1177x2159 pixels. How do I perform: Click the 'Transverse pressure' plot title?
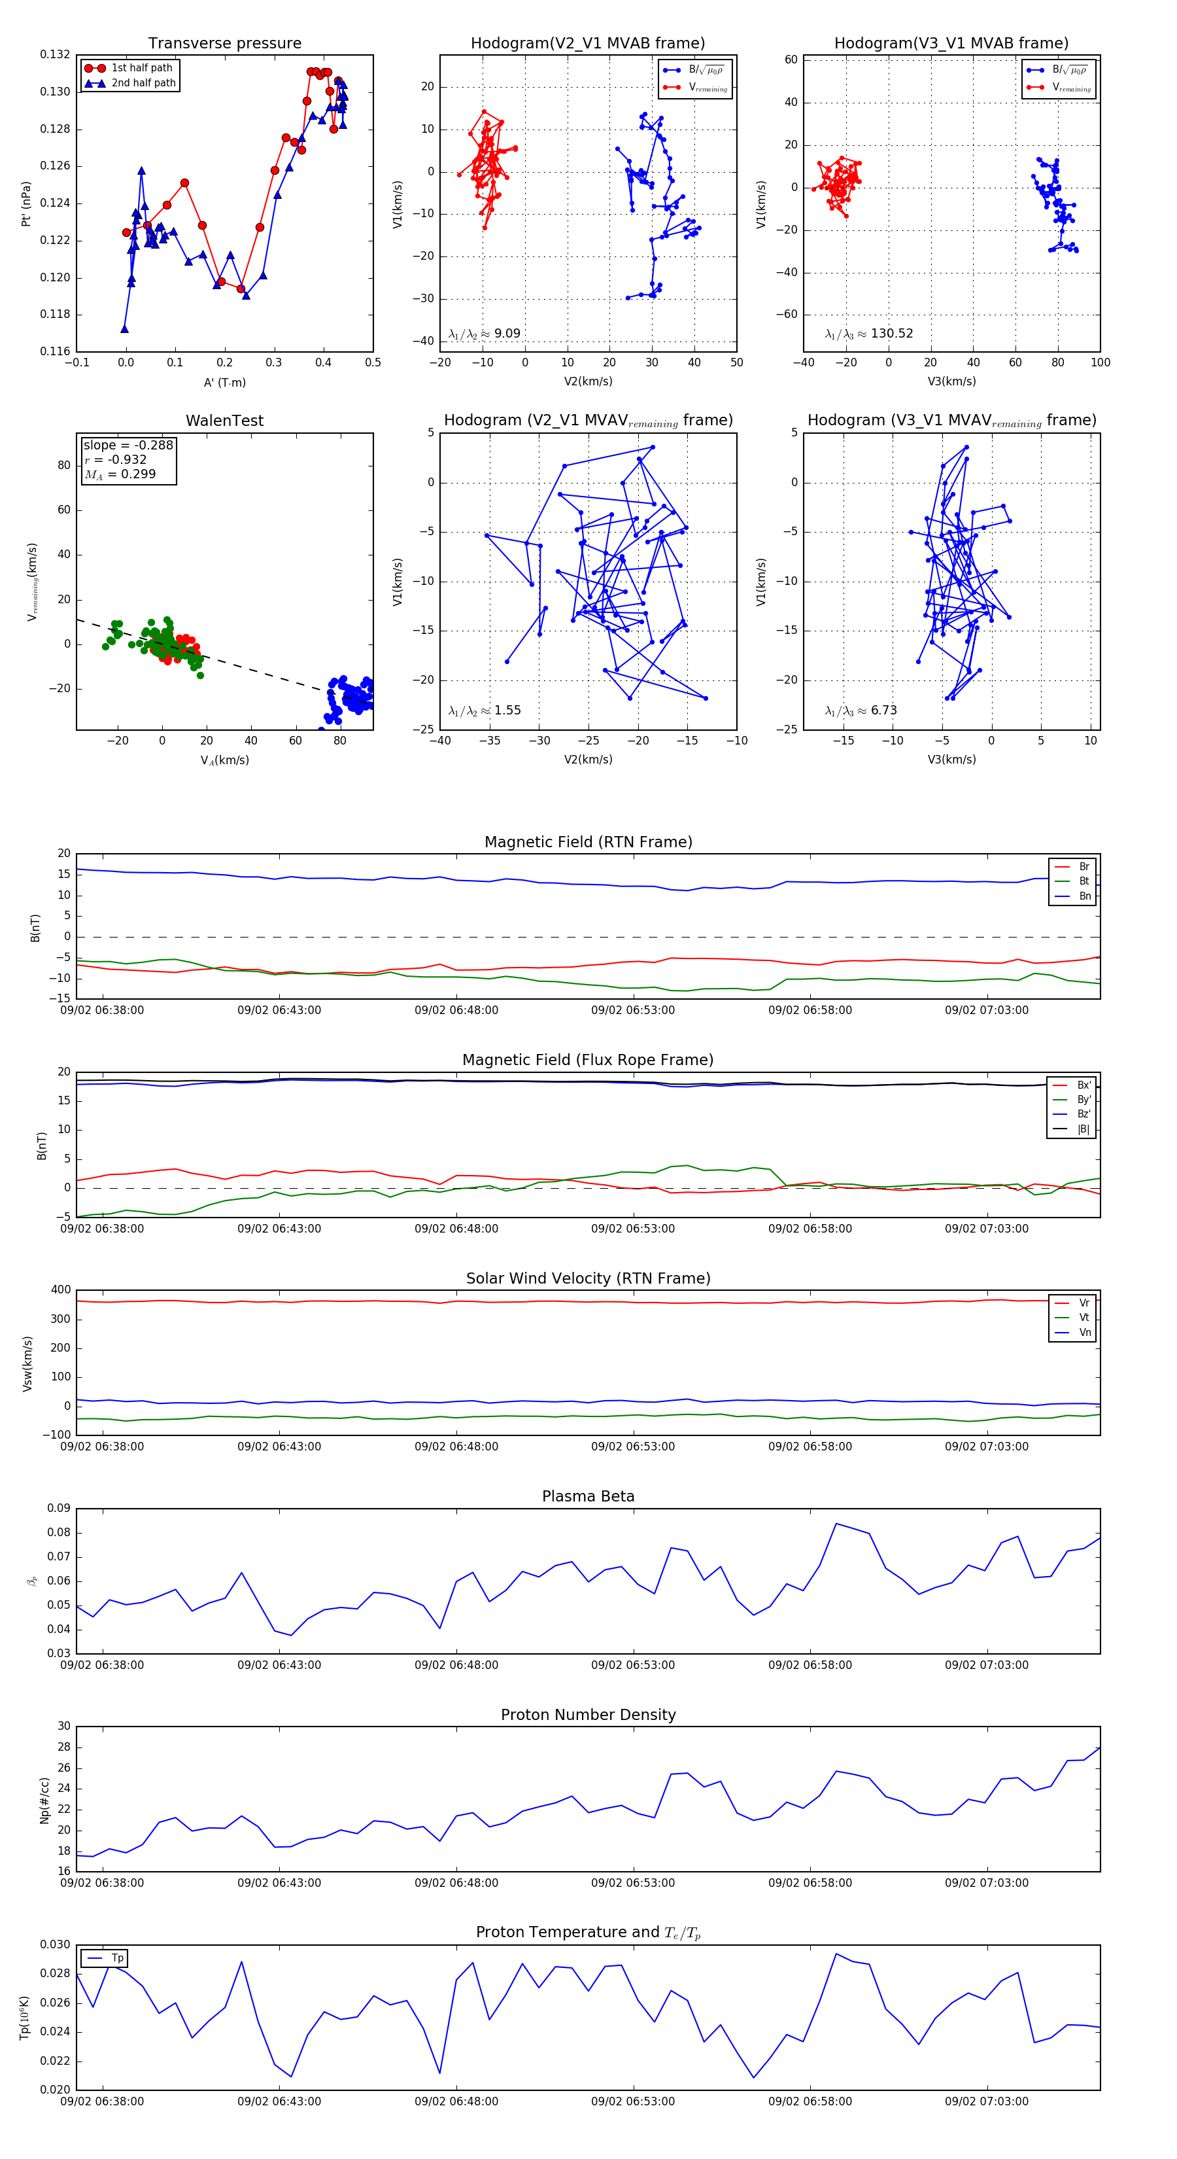pyautogui.click(x=224, y=44)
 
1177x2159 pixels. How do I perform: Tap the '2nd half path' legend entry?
pyautogui.click(x=143, y=83)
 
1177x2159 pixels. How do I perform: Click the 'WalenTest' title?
pyautogui.click(x=224, y=421)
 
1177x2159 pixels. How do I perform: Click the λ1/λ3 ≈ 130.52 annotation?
pyautogui.click(x=869, y=334)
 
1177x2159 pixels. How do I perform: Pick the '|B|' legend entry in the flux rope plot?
pyautogui.click(x=1083, y=1129)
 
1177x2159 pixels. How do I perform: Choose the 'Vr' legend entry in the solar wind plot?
pyautogui.click(x=1084, y=1303)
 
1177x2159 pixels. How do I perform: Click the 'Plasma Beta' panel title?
pyautogui.click(x=588, y=1497)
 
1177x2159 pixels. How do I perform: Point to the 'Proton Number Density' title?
pyautogui.click(x=588, y=1715)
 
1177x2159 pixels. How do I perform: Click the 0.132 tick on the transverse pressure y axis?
pyautogui.click(x=56, y=56)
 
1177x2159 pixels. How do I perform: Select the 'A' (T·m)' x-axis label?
pyautogui.click(x=224, y=383)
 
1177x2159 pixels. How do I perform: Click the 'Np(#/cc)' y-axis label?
pyautogui.click(x=44, y=1800)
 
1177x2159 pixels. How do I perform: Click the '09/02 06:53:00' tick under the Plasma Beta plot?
pyautogui.click(x=632, y=1665)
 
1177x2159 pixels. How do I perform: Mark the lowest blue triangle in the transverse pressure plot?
pyautogui.click(x=124, y=329)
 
